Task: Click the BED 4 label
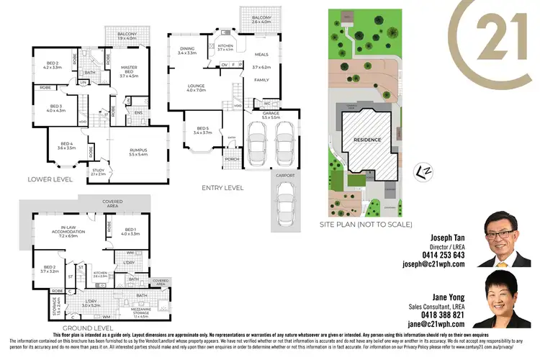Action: [66, 147]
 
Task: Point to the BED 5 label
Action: [202, 130]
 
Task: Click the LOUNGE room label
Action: [197, 88]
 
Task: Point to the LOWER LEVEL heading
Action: [50, 179]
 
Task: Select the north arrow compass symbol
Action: [425, 171]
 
